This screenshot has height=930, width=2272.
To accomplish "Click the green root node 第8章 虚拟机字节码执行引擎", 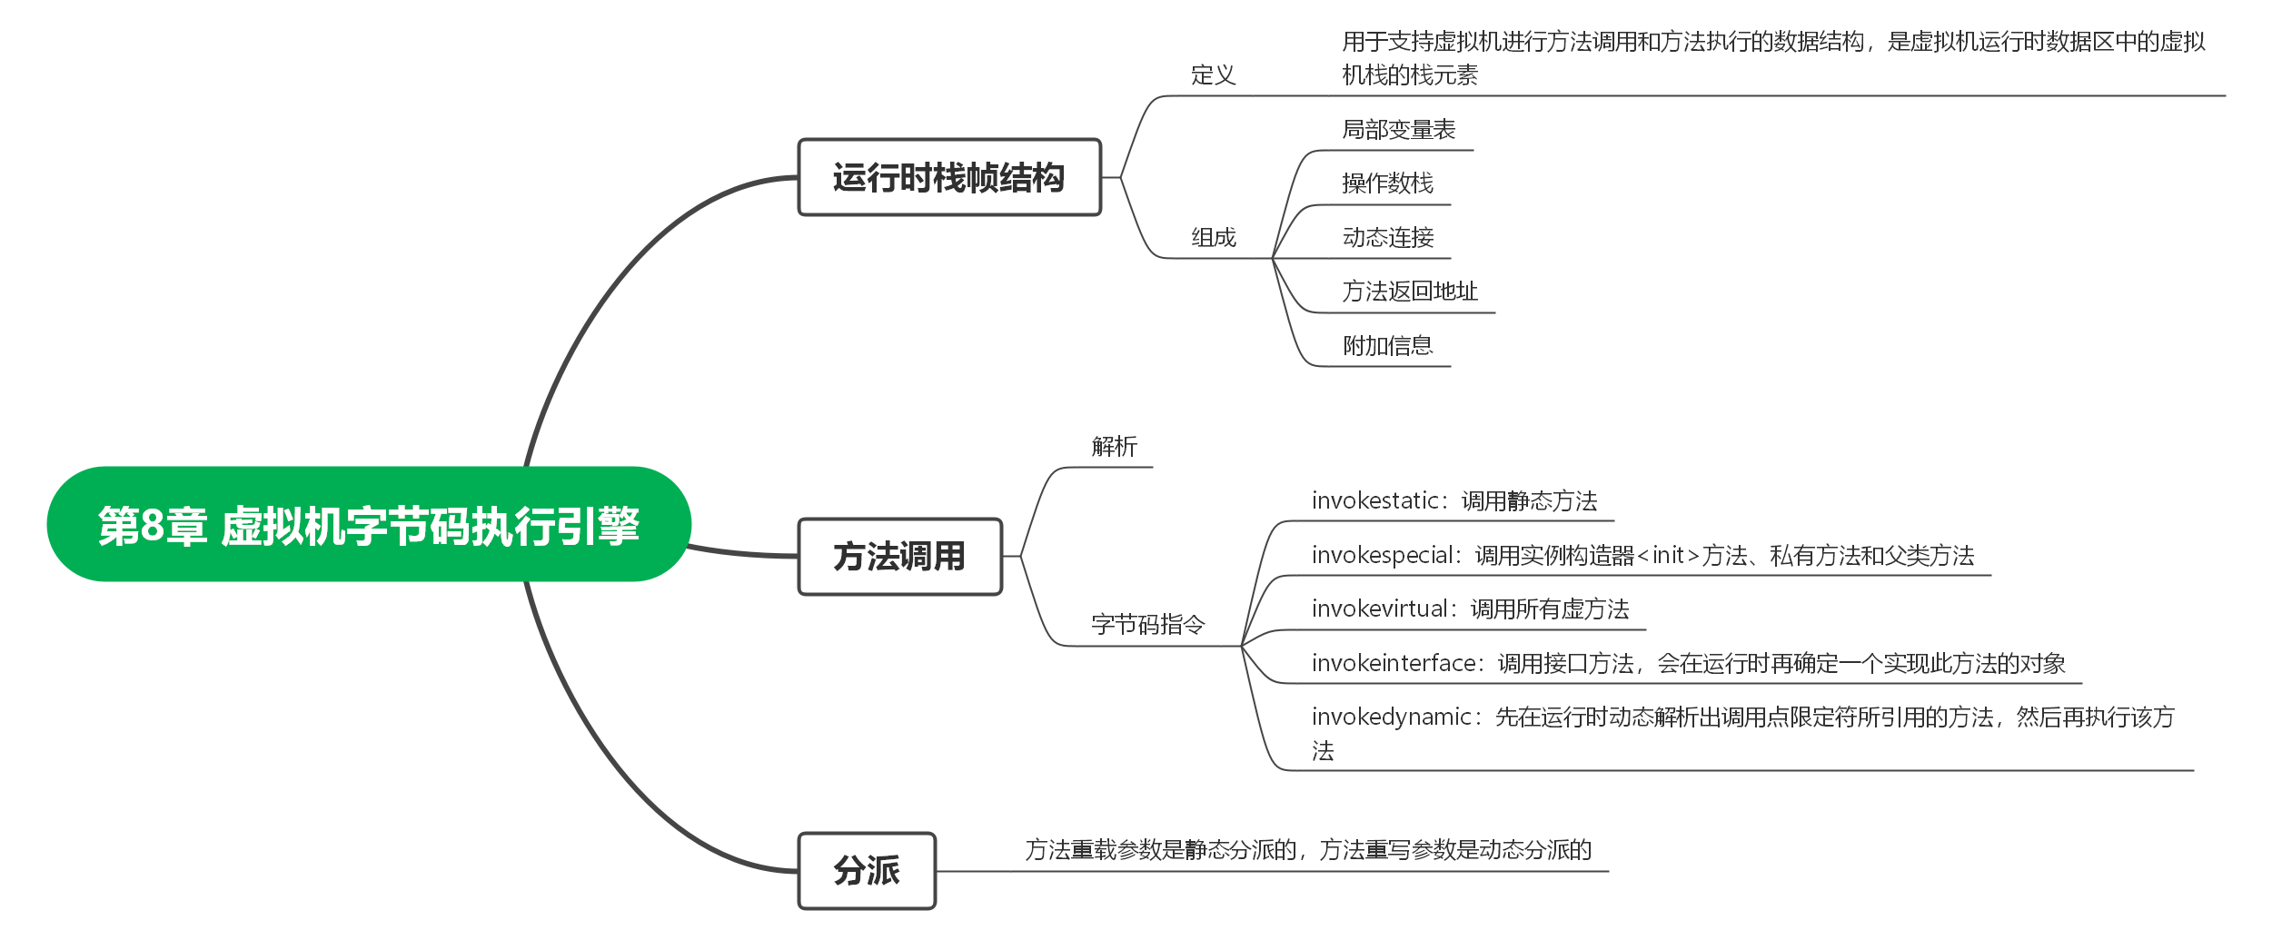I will [369, 524].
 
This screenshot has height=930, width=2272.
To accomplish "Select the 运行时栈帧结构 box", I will [949, 177].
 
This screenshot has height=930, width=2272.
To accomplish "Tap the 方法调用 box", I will [899, 556].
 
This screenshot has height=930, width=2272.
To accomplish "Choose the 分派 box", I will [867, 870].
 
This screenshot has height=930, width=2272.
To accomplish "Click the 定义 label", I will [1214, 74].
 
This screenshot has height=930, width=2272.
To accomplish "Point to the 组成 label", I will [1214, 238].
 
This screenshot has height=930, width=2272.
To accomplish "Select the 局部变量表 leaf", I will [1399, 130].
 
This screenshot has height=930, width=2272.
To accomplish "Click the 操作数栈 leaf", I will [1387, 183].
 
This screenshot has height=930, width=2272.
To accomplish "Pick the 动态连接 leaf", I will [1387, 238].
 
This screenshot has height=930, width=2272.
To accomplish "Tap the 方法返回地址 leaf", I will [1410, 292].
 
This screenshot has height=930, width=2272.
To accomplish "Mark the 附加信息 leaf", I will [1387, 346].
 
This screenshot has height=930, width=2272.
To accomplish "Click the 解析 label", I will [1114, 446].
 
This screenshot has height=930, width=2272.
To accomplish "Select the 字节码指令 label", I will [1147, 625].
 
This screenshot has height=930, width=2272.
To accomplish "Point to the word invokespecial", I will [1383, 556].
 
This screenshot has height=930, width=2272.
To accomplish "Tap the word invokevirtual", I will [1380, 609].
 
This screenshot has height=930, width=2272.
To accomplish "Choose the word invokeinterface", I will [1394, 664].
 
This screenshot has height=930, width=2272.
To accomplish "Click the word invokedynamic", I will [1392, 717].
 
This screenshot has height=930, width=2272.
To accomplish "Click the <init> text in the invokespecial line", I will [1668, 556].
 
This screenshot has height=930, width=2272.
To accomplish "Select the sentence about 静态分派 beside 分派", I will [1308, 850].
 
